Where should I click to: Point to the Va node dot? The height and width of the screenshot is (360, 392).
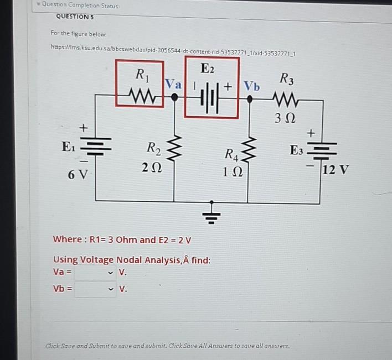click(x=174, y=97)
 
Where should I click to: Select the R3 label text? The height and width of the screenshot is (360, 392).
click(x=287, y=80)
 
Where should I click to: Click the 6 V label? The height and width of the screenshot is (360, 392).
click(x=78, y=175)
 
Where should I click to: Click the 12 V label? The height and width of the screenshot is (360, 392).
click(x=336, y=170)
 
